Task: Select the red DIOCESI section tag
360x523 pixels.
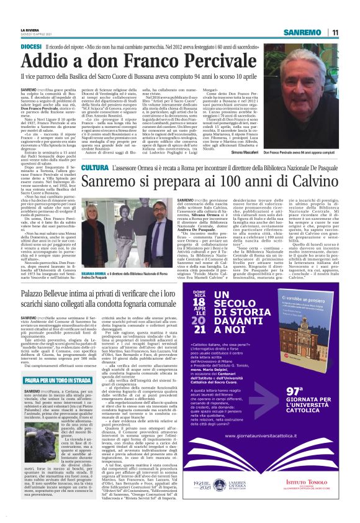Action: pos(32,47)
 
